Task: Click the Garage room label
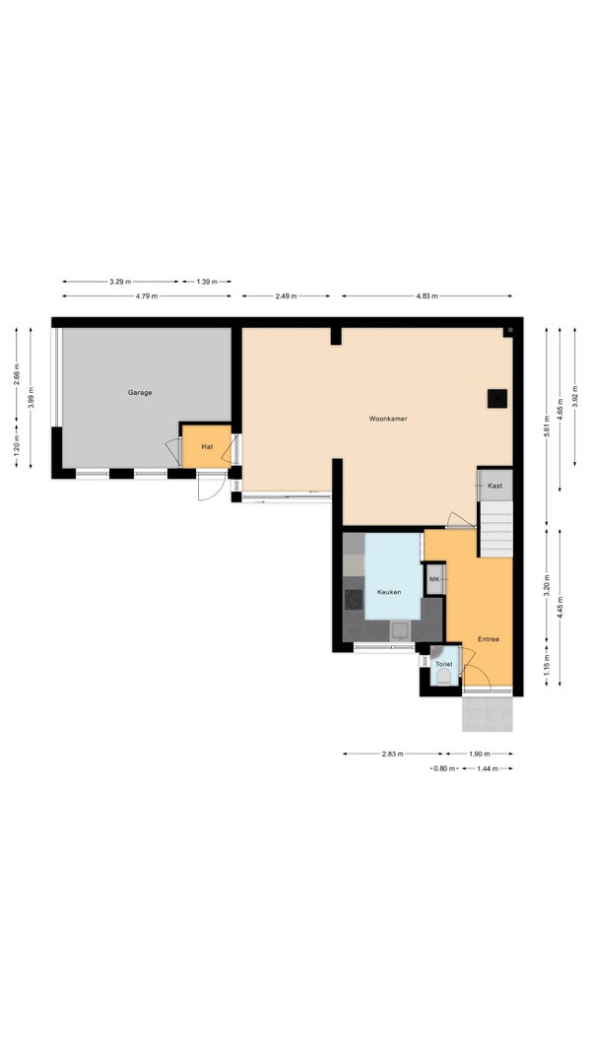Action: [140, 392]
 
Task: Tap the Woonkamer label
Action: [388, 419]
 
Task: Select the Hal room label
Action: [207, 446]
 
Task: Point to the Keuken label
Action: [389, 593]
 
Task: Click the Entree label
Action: [488, 639]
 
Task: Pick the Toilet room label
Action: [444, 664]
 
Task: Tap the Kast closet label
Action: [495, 486]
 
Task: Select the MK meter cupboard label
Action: [434, 579]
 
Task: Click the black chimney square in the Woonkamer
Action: [496, 399]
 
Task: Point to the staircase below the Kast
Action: [495, 530]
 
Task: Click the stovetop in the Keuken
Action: [354, 599]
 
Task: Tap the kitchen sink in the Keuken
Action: [401, 630]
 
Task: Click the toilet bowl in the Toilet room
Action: [443, 677]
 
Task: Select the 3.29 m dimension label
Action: [120, 282]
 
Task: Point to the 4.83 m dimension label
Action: [427, 295]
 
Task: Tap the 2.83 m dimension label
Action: [392, 755]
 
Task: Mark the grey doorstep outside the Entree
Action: [488, 714]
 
